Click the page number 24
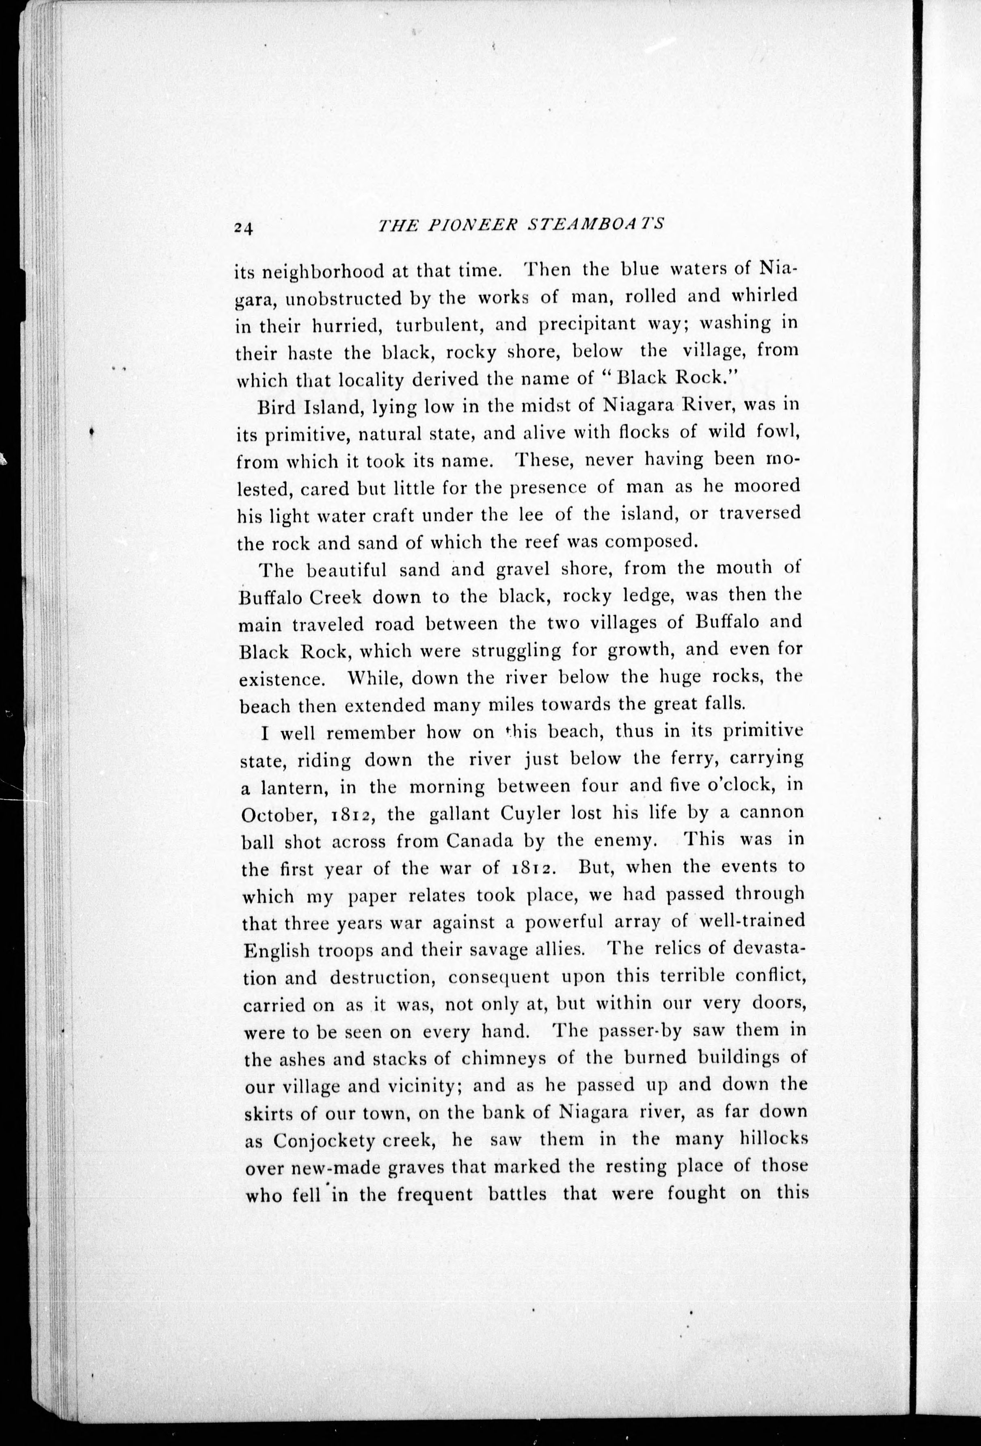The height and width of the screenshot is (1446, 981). (x=242, y=228)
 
